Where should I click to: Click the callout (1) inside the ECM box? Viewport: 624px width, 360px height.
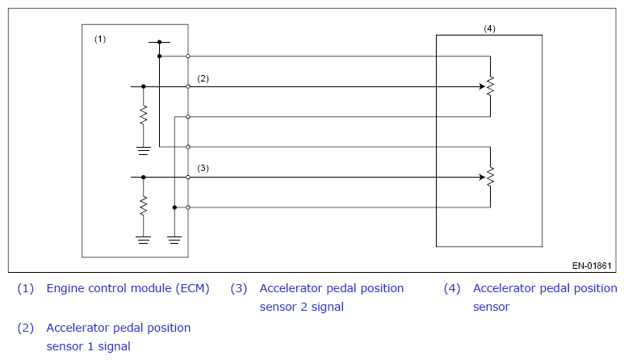100,39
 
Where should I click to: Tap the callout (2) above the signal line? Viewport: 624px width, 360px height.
203,78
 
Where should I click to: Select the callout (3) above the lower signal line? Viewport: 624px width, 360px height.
203,168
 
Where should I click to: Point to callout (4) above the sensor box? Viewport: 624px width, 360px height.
489,28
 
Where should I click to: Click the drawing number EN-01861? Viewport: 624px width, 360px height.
592,266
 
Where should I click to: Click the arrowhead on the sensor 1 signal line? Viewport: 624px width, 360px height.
482,86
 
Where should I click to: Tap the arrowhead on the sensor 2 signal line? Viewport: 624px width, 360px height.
482,177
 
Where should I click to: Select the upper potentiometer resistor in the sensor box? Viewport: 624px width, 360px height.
490,86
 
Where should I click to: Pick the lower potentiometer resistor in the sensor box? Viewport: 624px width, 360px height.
490,177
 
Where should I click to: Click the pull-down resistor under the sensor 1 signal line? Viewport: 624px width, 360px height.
143,115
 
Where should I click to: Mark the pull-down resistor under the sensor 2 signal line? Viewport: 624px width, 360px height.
143,206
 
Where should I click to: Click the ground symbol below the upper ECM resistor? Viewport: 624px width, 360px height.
143,151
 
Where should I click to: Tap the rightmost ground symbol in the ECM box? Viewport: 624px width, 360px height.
174,241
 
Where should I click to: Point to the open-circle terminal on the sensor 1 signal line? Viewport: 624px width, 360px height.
188,86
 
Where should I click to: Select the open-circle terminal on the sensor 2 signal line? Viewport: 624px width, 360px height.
188,177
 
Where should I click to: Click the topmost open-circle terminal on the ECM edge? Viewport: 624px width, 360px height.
188,56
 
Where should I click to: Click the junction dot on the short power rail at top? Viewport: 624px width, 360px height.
159,42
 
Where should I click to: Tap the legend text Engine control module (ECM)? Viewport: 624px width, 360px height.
128,288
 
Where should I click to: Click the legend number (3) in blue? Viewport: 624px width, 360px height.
239,288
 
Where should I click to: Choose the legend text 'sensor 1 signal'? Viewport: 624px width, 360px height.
88,346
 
